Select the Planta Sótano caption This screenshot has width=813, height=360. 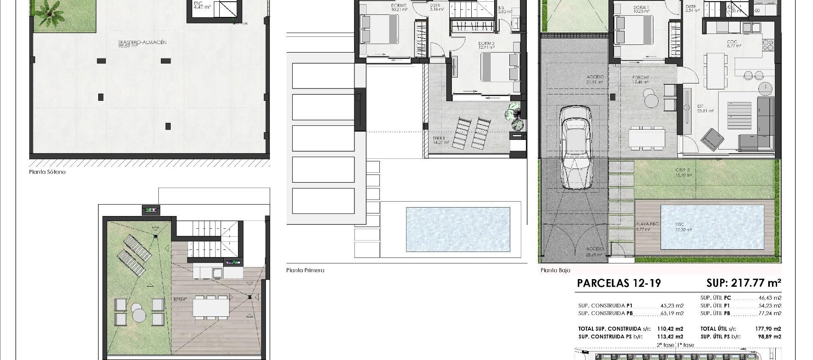tap(47, 172)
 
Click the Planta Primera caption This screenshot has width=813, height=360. tap(305, 270)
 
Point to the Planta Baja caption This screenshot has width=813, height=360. tap(555, 270)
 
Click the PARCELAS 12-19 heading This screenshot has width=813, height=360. tap(619, 283)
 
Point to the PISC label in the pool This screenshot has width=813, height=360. tap(680, 224)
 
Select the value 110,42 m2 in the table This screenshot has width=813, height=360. tap(673, 329)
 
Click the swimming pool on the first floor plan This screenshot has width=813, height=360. tap(457, 229)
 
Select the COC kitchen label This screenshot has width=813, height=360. tap(732, 42)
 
